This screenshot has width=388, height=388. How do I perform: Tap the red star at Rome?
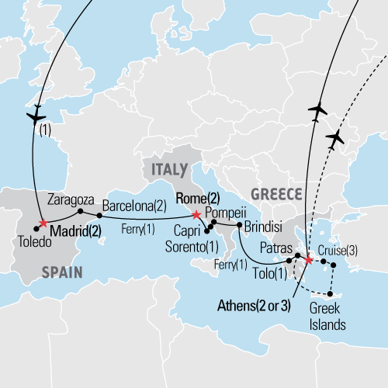[x=196, y=215]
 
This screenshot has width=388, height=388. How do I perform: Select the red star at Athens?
[x=310, y=260]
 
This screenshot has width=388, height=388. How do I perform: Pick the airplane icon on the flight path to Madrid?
[x=36, y=116]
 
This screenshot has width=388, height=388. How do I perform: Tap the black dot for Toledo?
[x=36, y=228]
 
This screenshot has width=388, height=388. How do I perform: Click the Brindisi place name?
[x=263, y=230]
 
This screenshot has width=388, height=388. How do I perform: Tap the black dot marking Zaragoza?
[x=80, y=210]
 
